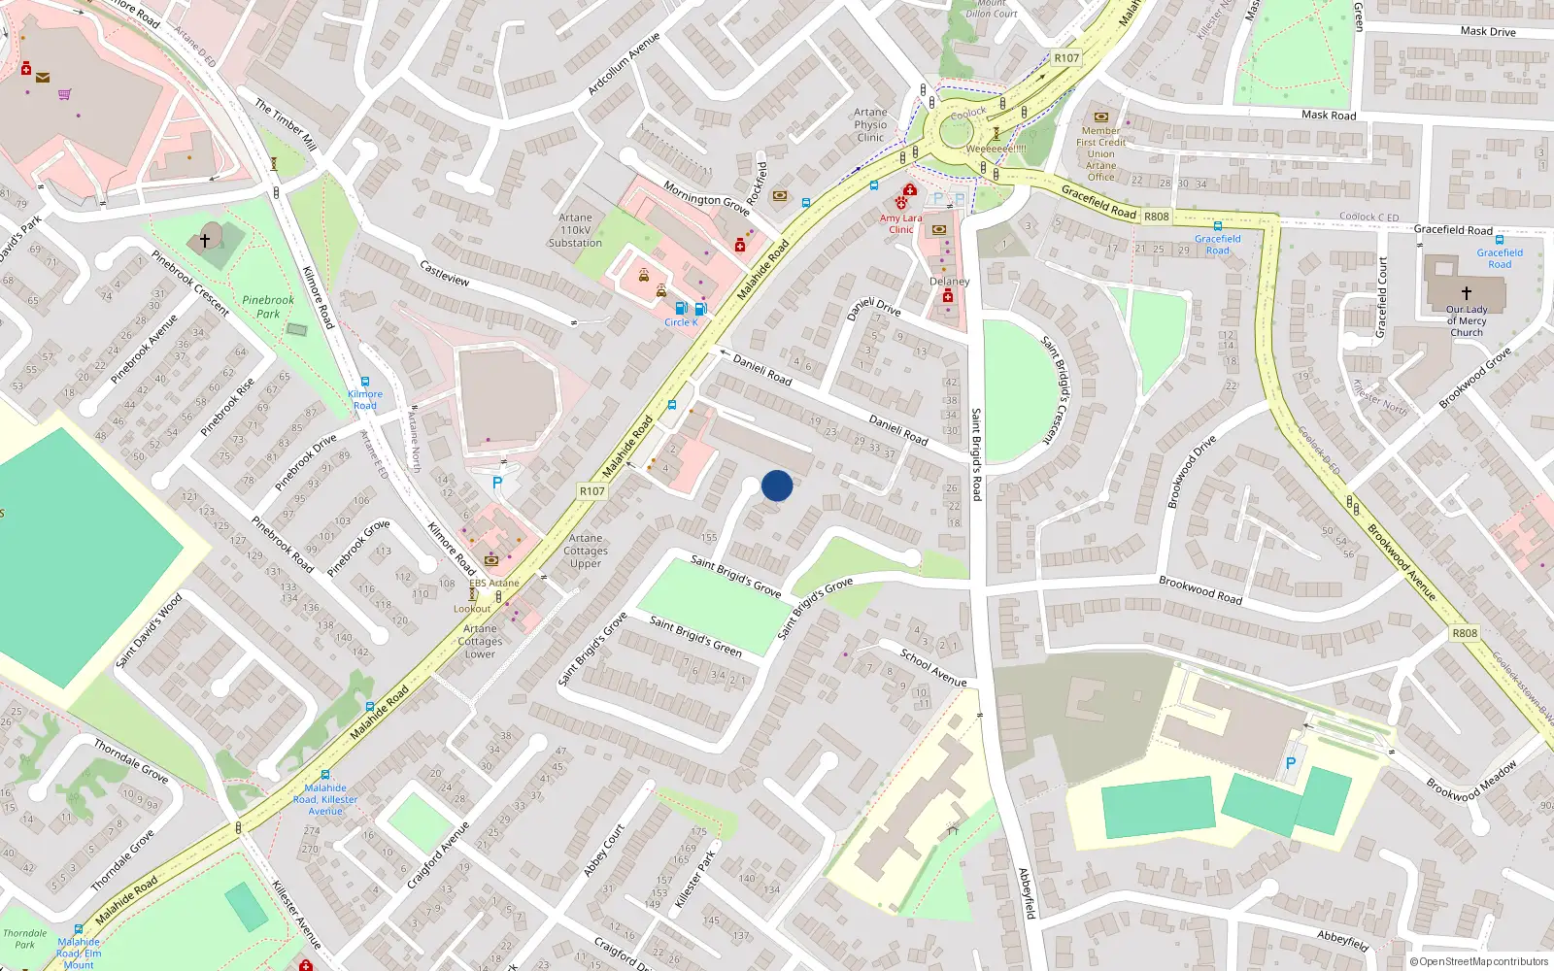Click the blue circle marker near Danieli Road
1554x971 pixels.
pos(777,485)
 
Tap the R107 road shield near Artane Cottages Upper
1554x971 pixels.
pos(592,491)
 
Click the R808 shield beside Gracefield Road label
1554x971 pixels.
pos(1156,217)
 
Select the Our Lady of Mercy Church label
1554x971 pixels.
pos(1466,321)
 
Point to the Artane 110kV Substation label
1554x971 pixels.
pos(575,230)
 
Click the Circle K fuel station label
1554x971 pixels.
pos(681,322)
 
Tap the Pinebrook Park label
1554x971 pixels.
pos(268,307)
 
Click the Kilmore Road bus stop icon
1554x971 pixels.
pos(365,383)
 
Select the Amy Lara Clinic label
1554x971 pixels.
pos(900,224)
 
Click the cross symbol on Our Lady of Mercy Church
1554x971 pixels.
pos(1466,292)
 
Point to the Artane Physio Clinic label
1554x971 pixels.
pos(870,125)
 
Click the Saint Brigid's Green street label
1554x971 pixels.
pos(695,636)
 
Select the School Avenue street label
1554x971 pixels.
pos(933,668)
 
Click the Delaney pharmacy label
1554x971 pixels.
pos(949,282)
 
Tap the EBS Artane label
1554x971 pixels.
pos(494,583)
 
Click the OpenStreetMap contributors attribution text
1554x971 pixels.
pos(1479,961)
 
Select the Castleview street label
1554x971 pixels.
pos(444,273)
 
